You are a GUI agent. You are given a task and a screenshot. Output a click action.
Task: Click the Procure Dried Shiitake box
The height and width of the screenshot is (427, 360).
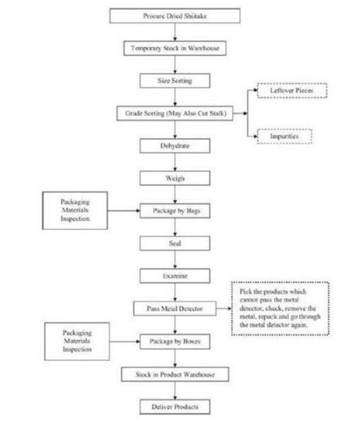(175, 15)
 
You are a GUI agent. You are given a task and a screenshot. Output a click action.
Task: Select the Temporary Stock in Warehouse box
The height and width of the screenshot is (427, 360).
(175, 48)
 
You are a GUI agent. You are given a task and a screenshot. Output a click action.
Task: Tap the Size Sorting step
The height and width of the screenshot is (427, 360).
(175, 80)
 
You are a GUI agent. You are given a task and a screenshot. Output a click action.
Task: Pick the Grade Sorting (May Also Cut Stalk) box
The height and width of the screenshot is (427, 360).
(175, 114)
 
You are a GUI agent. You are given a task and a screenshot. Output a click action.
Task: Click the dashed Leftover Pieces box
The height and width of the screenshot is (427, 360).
(292, 90)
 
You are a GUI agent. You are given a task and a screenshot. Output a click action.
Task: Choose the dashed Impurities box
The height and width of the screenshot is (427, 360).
(284, 136)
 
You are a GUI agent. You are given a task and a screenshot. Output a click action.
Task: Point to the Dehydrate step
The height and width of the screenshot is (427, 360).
(175, 146)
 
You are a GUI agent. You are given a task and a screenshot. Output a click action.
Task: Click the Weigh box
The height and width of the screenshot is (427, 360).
(175, 178)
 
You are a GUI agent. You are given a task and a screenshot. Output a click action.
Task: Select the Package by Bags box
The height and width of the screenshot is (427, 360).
(175, 211)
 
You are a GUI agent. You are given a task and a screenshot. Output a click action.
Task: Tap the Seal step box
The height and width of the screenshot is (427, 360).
(175, 243)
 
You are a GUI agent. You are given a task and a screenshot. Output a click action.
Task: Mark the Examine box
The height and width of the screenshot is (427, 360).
(175, 276)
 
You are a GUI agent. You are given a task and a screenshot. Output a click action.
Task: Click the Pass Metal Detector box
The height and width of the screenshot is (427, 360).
(175, 309)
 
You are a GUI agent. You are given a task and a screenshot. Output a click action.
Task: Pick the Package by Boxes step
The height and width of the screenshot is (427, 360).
(175, 341)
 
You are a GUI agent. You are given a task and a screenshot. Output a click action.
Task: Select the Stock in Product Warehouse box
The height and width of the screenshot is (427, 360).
(175, 374)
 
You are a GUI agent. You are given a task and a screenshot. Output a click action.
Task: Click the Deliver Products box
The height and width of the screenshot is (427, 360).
(175, 407)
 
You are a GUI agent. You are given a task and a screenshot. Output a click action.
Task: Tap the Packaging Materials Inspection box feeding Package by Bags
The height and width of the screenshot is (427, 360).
(75, 210)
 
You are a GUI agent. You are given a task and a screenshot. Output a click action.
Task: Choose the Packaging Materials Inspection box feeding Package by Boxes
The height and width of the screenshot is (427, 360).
(77, 341)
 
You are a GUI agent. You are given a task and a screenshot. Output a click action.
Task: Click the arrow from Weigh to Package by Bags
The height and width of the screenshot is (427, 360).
(175, 195)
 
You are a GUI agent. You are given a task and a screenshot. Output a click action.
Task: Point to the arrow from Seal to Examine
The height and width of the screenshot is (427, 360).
(175, 259)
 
